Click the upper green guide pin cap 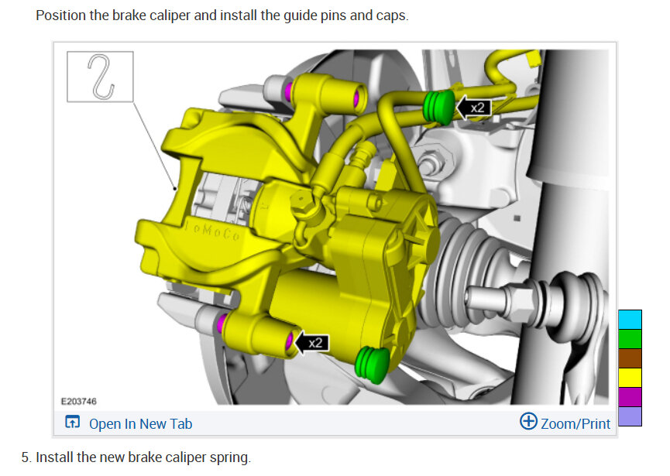pos(438,107)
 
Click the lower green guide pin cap pos(372,365)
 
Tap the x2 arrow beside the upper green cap pos(473,108)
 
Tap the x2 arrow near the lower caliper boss pos(312,343)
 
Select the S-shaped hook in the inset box pos(101,77)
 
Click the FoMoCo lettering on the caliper pos(212,231)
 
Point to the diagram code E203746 pos(79,401)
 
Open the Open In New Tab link pos(140,424)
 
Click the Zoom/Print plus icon pos(528,421)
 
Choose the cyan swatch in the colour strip pos(630,320)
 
